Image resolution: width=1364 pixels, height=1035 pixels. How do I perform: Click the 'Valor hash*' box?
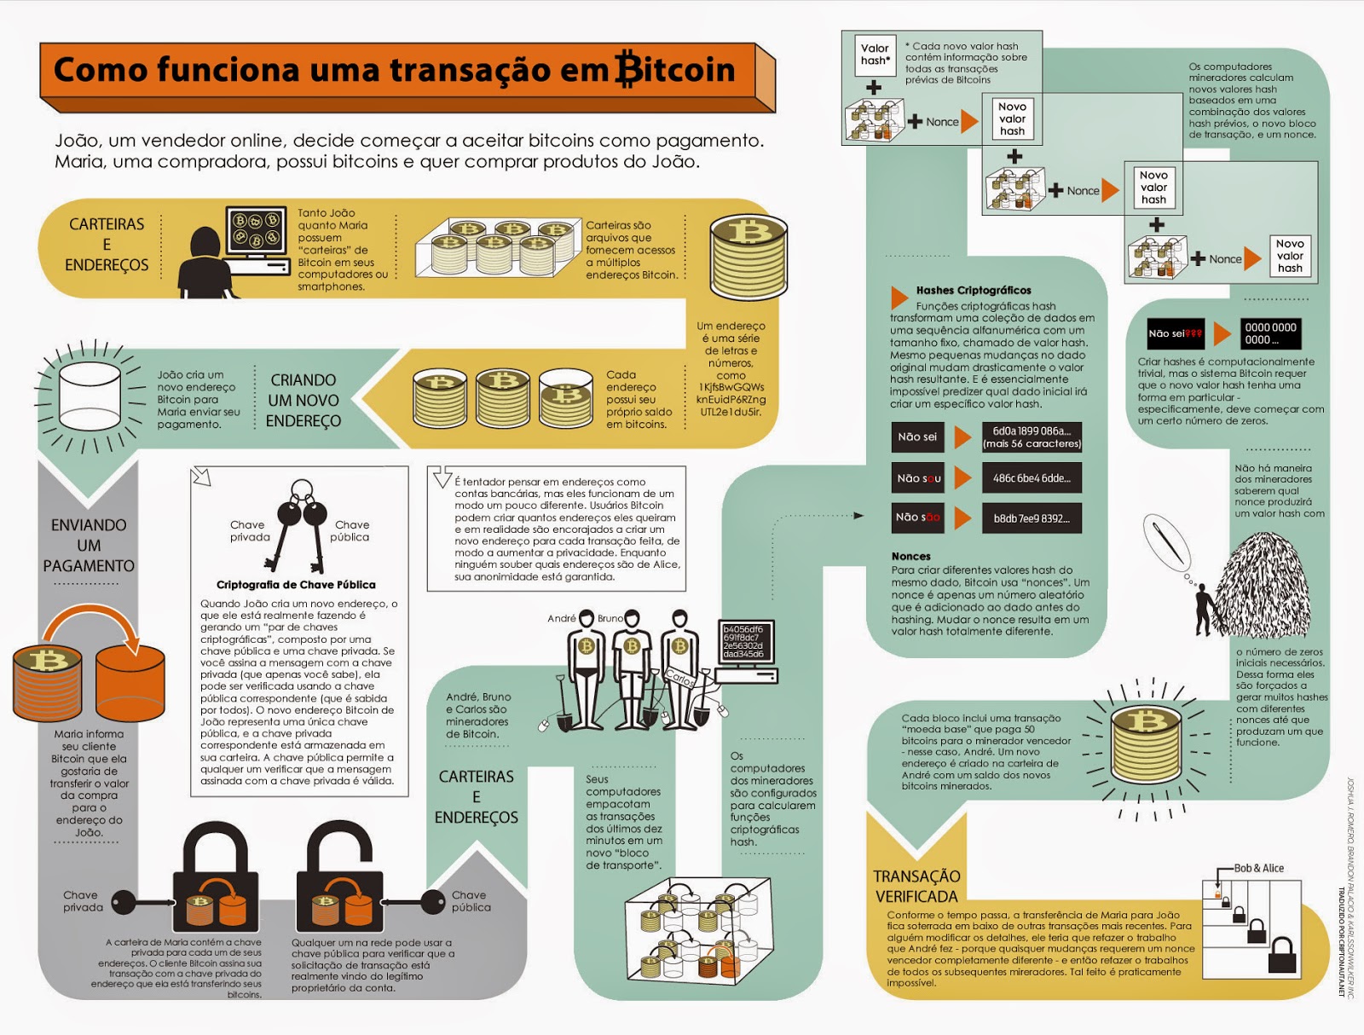click(875, 55)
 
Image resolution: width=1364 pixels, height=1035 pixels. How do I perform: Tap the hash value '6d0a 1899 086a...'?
click(1032, 437)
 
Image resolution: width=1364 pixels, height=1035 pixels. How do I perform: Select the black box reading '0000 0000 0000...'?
click(1270, 333)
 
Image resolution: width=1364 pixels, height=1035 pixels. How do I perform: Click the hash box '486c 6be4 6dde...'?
click(1032, 478)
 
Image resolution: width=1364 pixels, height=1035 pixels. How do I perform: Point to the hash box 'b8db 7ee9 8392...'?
click(1032, 518)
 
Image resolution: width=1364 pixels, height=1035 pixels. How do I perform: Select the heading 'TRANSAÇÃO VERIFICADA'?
click(916, 886)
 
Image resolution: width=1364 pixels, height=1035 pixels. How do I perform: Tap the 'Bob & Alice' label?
click(1259, 868)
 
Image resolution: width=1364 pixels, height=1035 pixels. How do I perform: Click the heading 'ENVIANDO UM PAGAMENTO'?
click(89, 546)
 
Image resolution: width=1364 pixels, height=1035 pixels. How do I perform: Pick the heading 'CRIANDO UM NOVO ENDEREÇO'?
click(303, 401)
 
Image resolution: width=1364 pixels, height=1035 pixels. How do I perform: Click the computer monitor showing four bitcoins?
click(257, 230)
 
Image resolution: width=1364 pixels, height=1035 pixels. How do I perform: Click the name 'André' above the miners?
click(562, 618)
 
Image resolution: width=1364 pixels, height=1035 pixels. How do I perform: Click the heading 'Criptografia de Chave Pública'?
click(296, 585)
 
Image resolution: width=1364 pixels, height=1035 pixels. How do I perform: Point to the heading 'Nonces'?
click(911, 556)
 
